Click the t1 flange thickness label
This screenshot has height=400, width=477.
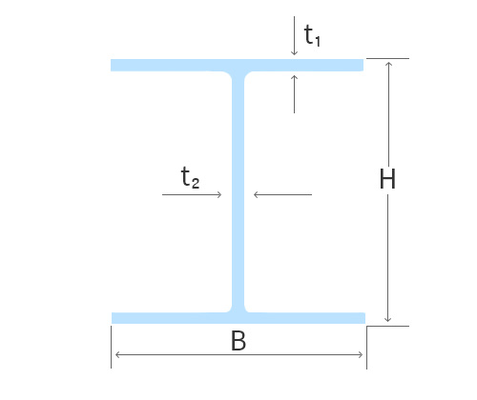click(312, 35)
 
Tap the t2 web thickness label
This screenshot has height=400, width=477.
click(190, 177)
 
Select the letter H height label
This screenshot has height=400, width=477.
click(387, 179)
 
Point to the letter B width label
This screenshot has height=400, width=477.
click(238, 341)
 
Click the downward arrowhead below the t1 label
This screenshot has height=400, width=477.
click(294, 53)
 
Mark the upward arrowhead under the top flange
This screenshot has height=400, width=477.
click(294, 78)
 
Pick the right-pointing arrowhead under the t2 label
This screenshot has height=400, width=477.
click(219, 194)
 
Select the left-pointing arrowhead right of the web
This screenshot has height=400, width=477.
click(257, 194)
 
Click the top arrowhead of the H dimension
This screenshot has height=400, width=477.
click(388, 65)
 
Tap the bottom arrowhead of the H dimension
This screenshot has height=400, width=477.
click(387, 319)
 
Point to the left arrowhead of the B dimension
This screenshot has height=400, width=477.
click(117, 354)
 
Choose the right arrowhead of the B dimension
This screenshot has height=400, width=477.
click(360, 354)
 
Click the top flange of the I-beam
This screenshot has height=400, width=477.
click(237, 65)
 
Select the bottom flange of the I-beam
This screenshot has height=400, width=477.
click(238, 318)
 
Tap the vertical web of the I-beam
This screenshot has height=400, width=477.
click(238, 191)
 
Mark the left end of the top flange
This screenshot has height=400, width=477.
click(111, 65)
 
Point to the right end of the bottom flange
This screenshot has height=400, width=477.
click(364, 318)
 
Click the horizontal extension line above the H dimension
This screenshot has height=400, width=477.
click(387, 58)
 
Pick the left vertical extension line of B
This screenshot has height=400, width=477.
click(111, 347)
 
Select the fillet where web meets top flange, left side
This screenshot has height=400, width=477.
click(229, 74)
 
